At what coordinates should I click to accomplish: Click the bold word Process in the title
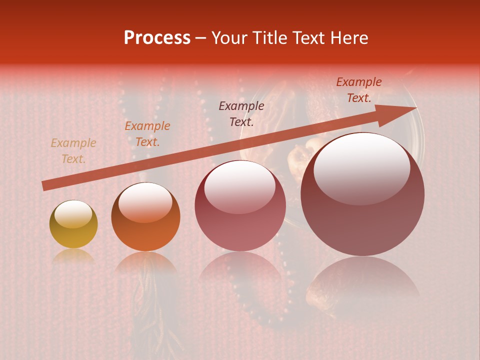click(157, 38)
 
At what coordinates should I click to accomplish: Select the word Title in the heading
click(270, 38)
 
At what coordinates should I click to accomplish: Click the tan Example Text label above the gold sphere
click(73, 151)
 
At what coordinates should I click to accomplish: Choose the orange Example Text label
click(147, 134)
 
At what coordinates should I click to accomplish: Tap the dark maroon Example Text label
click(241, 113)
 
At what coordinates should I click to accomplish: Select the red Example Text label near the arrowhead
click(359, 90)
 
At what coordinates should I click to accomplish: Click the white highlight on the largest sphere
click(362, 169)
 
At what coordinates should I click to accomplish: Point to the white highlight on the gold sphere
click(73, 214)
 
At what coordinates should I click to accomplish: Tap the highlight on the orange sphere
click(145, 202)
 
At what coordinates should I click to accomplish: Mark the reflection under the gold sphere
click(73, 256)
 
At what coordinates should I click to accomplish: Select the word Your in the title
click(229, 38)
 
